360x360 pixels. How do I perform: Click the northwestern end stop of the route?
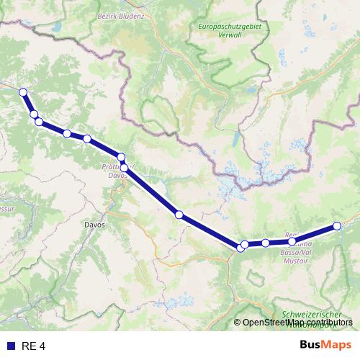pyautogui.click(x=23, y=91)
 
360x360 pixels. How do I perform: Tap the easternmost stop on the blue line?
pyautogui.click(x=337, y=226)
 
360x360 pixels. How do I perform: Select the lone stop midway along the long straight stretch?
pyautogui.click(x=179, y=215)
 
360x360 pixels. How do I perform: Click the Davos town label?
pyautogui.click(x=95, y=225)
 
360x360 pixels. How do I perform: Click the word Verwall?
pyautogui.click(x=228, y=36)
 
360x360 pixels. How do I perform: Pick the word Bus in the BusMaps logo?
pyautogui.click(x=311, y=346)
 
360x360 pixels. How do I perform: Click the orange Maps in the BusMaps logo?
pyautogui.click(x=337, y=346)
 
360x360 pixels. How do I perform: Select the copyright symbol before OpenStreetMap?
pyautogui.click(x=238, y=323)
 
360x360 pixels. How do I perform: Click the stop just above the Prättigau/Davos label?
pyautogui.click(x=121, y=157)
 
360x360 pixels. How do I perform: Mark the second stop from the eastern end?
pyautogui.click(x=292, y=241)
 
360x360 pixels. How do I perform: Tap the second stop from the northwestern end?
pyautogui.click(x=34, y=114)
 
